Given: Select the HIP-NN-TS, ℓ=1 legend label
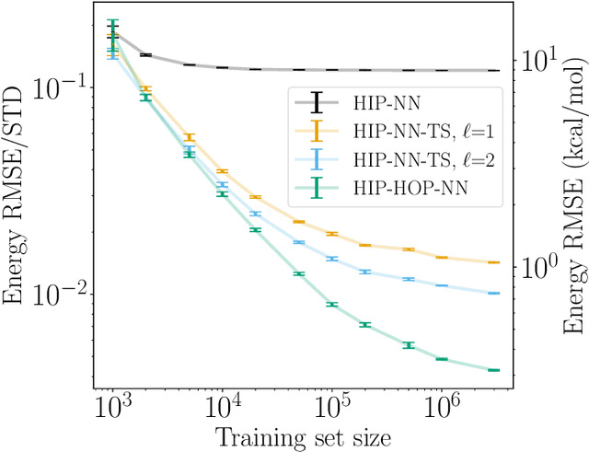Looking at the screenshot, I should click(x=411, y=132).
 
